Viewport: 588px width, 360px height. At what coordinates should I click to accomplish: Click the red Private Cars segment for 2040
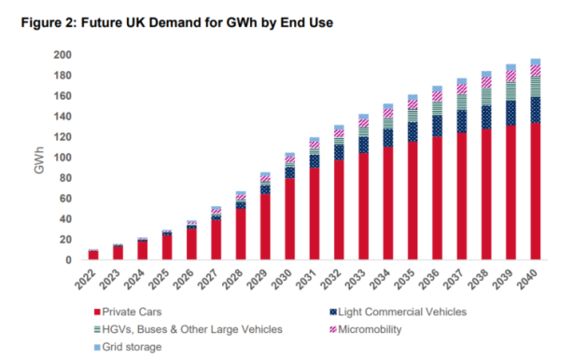[x=535, y=191]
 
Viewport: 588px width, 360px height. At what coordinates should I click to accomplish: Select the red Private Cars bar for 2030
[x=289, y=219]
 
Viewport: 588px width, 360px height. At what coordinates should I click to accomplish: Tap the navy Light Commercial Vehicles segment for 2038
[x=486, y=118]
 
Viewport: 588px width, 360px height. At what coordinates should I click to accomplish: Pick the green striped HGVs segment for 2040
[x=535, y=87]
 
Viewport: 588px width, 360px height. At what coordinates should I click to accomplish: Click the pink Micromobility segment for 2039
[x=511, y=76]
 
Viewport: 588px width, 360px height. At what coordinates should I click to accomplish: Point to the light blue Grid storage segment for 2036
[x=437, y=89]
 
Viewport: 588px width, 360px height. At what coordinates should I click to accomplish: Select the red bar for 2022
[x=93, y=256]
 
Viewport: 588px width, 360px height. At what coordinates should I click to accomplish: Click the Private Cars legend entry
[x=128, y=312]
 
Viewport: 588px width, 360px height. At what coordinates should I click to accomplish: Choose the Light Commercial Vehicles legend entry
[x=398, y=312]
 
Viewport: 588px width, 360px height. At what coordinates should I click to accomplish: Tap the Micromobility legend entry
[x=366, y=329]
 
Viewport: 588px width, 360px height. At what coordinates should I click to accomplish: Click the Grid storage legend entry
[x=128, y=347]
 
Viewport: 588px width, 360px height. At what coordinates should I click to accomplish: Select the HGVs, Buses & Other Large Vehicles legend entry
[x=189, y=329]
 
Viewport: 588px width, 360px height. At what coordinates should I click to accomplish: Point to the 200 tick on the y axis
[x=63, y=55]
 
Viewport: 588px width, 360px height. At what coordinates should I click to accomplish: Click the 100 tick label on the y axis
[x=63, y=158]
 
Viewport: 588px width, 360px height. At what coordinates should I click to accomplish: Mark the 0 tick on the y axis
[x=68, y=260]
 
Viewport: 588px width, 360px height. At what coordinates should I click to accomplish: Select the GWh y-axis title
[x=39, y=160]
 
